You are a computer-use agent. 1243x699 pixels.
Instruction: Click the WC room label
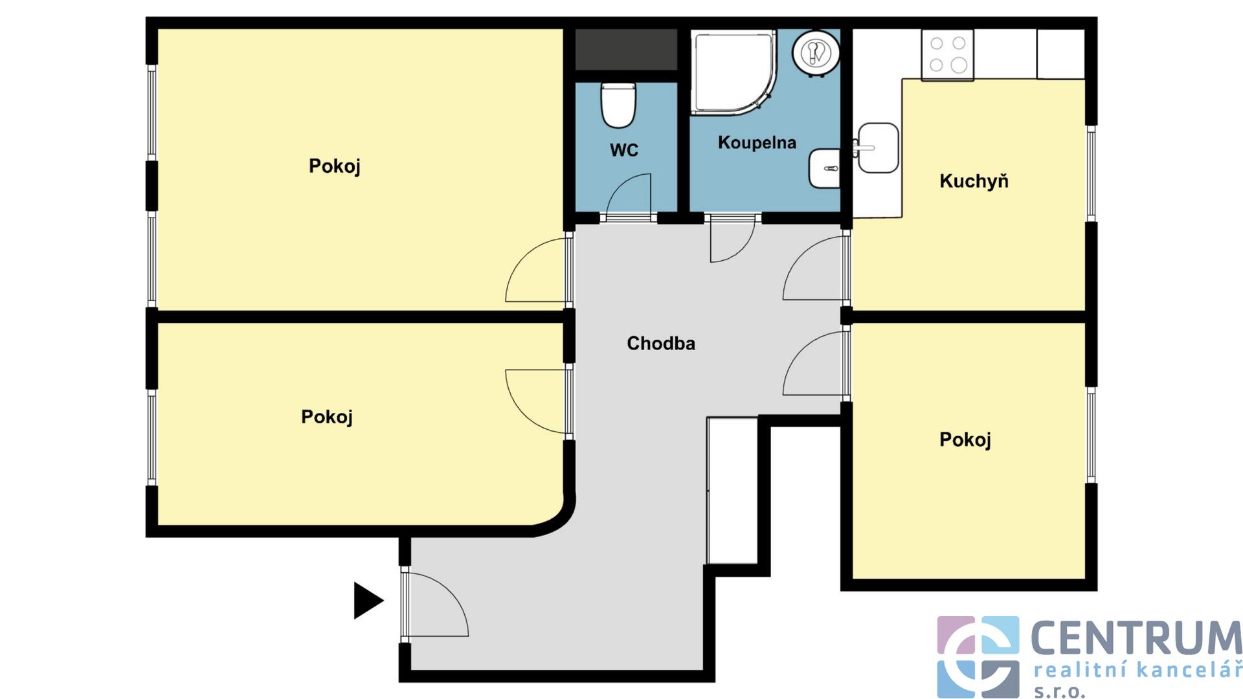[x=623, y=150]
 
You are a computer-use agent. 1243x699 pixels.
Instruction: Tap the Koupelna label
[x=757, y=142]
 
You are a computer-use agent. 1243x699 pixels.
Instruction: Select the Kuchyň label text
[x=974, y=181]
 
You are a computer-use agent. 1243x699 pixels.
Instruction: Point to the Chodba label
[x=660, y=343]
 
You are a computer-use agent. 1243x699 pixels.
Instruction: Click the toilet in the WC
[x=618, y=105]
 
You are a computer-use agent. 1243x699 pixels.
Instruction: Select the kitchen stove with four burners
[x=948, y=54]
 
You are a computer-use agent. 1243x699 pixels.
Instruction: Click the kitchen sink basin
[x=878, y=148]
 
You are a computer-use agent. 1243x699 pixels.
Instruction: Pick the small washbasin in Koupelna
[x=824, y=168]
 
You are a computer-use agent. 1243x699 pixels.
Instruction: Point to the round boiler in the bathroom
[x=816, y=52]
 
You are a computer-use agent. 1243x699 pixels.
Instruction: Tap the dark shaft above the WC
[x=626, y=50]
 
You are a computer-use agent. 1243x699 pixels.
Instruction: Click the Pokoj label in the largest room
[x=334, y=166]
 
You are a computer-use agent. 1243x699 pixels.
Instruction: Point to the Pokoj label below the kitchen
[x=965, y=440]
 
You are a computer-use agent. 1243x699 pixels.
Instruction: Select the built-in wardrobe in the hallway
[x=732, y=491]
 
